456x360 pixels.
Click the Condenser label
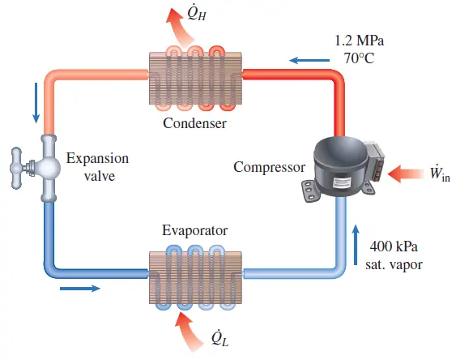(x=194, y=123)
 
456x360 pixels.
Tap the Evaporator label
(x=194, y=230)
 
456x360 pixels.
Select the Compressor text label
(x=269, y=168)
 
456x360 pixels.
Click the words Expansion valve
(x=97, y=167)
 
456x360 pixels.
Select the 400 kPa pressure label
(x=393, y=246)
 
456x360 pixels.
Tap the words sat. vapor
(x=394, y=263)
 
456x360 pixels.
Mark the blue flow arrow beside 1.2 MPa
(x=305, y=59)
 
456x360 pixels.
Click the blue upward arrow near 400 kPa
(x=355, y=239)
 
